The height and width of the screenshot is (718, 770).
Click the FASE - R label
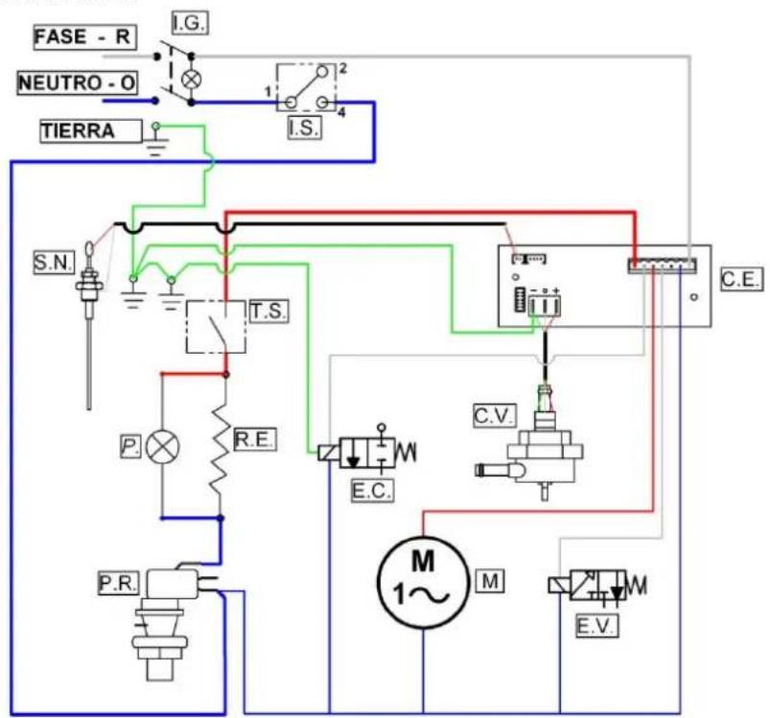pyautogui.click(x=84, y=37)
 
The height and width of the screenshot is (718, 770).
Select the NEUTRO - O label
pyautogui.click(x=77, y=82)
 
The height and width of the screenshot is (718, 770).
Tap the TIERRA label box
pyautogui.click(x=91, y=131)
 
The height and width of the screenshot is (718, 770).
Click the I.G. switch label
pyautogui.click(x=190, y=24)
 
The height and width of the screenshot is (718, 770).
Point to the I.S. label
pyautogui.click(x=305, y=127)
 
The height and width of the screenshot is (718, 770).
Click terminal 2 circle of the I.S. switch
pyautogui.click(x=321, y=72)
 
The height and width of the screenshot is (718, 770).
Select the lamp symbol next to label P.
pyautogui.click(x=163, y=447)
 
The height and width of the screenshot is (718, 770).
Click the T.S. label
pyautogui.click(x=268, y=312)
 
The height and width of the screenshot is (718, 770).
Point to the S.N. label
pyautogui.click(x=54, y=263)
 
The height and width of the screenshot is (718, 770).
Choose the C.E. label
pyautogui.click(x=742, y=279)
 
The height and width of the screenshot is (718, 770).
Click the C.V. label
pyautogui.click(x=495, y=415)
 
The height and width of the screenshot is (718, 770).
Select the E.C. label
pyautogui.click(x=372, y=490)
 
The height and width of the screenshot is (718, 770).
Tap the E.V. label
pyautogui.click(x=596, y=626)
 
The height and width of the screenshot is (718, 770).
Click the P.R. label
pyautogui.click(x=118, y=584)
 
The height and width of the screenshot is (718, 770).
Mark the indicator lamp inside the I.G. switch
pyautogui.click(x=191, y=80)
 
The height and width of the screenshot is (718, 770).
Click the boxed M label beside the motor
pyautogui.click(x=491, y=581)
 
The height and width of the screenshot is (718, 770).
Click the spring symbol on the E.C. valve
pyautogui.click(x=407, y=452)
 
